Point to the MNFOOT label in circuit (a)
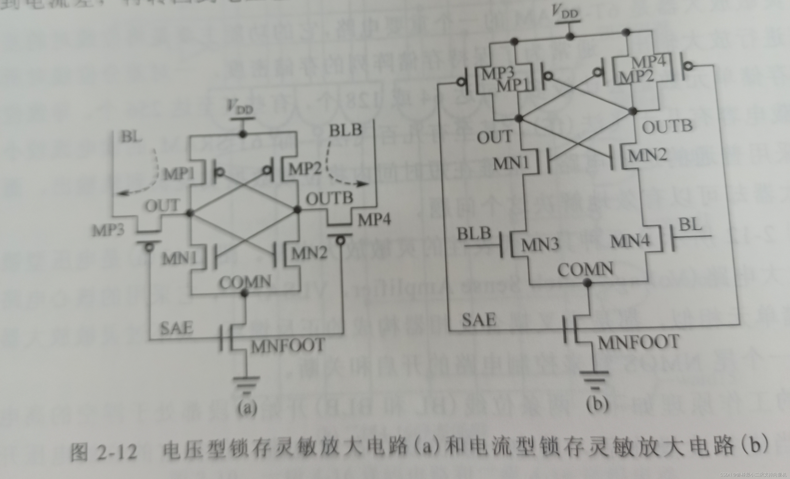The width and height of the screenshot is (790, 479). pyautogui.click(x=288, y=346)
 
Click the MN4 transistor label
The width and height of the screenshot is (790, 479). pyautogui.click(x=630, y=241)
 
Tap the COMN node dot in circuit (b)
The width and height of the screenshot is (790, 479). pyautogui.click(x=587, y=283)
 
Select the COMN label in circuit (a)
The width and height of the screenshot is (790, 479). pyautogui.click(x=245, y=282)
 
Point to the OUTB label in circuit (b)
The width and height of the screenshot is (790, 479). pyautogui.click(x=667, y=126)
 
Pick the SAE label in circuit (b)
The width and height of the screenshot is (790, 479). pyautogui.click(x=479, y=320)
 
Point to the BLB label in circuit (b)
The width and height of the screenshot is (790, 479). pyautogui.click(x=474, y=234)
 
